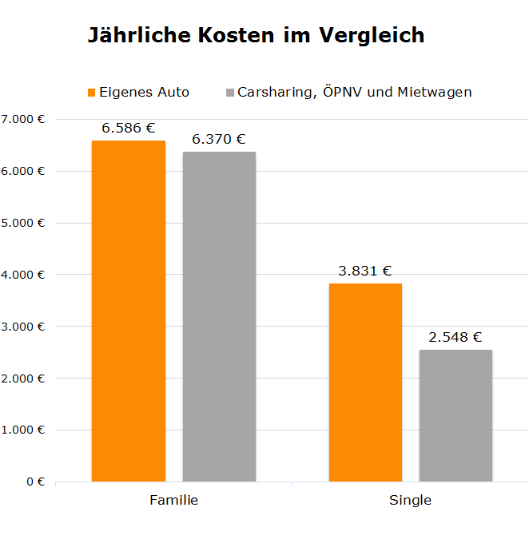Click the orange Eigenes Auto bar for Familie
[129, 311]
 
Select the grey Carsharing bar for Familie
[219, 317]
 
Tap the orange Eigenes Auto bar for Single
[365, 383]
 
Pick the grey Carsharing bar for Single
[455, 415]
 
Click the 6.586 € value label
[129, 127]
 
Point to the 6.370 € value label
[219, 139]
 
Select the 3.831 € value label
[365, 271]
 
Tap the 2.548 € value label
[455, 337]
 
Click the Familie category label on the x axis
[173, 501]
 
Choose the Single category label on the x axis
[410, 501]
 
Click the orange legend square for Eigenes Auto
[91, 92]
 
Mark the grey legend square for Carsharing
[230, 92]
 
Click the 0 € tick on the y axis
[34, 482]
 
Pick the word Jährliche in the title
[137, 36]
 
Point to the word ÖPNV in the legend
[339, 92]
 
